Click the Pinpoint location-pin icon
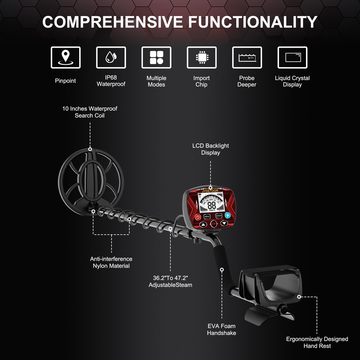coord(66,57)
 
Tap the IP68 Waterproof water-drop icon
coord(111,57)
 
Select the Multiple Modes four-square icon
coord(156,57)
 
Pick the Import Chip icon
coord(202,57)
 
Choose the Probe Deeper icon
coord(247,57)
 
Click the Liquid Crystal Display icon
coord(292,57)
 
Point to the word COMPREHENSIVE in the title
coord(113,22)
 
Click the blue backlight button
coord(228,216)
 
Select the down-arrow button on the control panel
coord(224,224)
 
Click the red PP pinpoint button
coord(213,224)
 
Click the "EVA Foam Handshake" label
coord(221,329)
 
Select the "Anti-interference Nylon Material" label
coord(111,262)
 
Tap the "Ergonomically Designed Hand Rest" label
coord(317,342)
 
